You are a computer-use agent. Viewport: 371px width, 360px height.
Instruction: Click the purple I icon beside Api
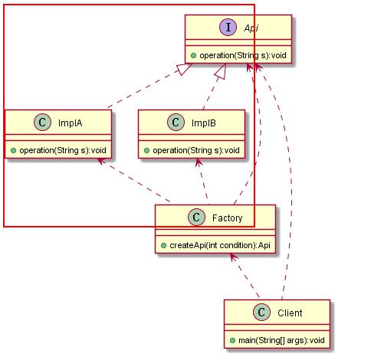[228, 27]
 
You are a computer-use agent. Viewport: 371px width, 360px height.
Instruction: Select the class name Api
[251, 28]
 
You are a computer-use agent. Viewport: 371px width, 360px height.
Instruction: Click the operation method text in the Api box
[243, 55]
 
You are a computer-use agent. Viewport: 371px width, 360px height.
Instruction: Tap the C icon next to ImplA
[42, 123]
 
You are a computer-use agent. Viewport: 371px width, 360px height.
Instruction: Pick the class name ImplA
[70, 123]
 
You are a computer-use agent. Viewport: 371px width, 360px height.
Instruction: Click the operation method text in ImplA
[63, 150]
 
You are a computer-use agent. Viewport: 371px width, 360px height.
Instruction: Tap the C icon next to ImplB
[176, 123]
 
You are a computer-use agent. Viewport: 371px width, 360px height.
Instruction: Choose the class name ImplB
[204, 123]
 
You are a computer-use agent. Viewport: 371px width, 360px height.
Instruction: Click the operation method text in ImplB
[196, 150]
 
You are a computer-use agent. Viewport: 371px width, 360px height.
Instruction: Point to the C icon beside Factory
[196, 218]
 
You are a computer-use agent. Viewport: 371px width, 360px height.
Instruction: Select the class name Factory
[227, 218]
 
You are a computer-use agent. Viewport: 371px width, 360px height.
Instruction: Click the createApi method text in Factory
[220, 245]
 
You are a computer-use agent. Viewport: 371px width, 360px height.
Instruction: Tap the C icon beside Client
[261, 313]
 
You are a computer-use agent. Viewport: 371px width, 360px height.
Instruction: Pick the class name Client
[290, 313]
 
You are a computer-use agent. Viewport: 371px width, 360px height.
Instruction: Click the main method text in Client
[281, 340]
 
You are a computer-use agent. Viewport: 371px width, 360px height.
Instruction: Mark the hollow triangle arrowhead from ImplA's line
[183, 68]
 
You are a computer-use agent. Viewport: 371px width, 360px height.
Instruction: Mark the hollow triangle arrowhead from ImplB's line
[222, 71]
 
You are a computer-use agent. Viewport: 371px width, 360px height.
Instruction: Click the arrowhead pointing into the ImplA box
[101, 162]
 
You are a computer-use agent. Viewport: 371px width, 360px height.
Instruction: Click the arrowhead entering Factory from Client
[233, 257]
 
